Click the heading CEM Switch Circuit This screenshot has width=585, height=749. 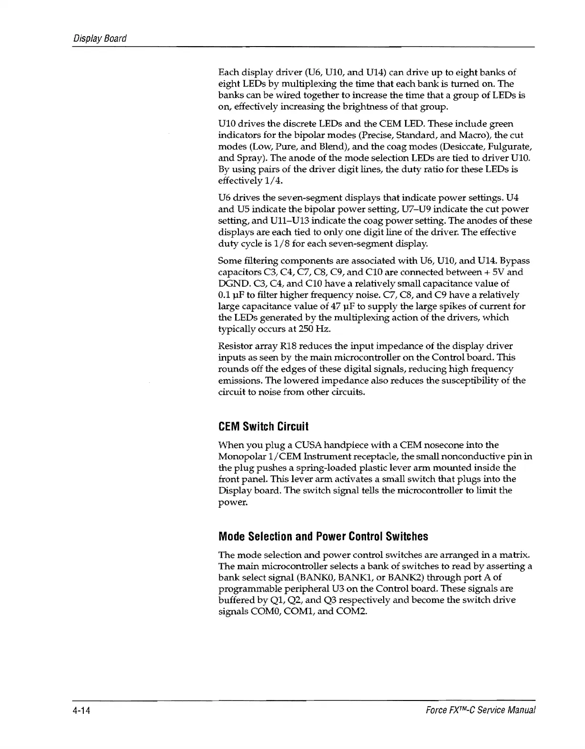(263, 426)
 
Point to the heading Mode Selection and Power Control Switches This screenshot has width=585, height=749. (323, 536)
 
